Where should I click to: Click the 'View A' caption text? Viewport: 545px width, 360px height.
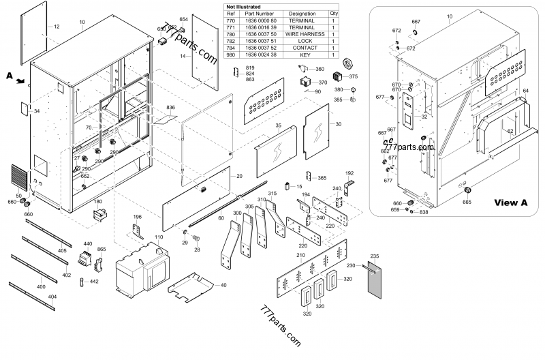(x=510, y=202)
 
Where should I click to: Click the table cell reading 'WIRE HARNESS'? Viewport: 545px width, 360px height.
(x=302, y=33)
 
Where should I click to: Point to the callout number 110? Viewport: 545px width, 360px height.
(x=159, y=237)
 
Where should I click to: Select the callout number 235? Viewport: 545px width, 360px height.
(x=374, y=255)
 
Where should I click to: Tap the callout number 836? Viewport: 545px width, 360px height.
(x=170, y=108)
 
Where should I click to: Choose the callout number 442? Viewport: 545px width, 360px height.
(x=94, y=282)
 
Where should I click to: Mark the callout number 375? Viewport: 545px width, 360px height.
(x=354, y=77)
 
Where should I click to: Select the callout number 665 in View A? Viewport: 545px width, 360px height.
(x=467, y=202)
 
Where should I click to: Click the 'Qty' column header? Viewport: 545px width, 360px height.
(x=334, y=13)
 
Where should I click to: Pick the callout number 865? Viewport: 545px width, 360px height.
(x=102, y=250)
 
